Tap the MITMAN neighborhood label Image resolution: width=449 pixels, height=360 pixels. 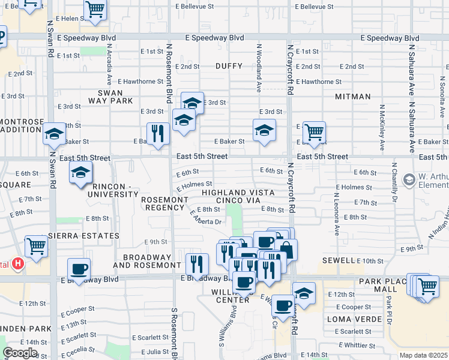352,96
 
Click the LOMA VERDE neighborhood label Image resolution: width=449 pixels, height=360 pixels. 351,319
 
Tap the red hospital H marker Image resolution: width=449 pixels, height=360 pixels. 18,263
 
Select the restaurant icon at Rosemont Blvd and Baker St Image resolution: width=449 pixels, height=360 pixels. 158,133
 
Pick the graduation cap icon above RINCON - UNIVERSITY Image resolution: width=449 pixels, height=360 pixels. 79,173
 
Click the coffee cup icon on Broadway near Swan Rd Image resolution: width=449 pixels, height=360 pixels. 79,268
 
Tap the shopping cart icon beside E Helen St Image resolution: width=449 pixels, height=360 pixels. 95,10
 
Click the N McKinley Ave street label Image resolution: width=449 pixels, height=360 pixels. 382,128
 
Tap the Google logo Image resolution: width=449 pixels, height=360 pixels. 20,353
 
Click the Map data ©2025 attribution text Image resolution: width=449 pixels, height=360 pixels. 423,355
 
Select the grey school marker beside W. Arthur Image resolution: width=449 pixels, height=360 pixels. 409,179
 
